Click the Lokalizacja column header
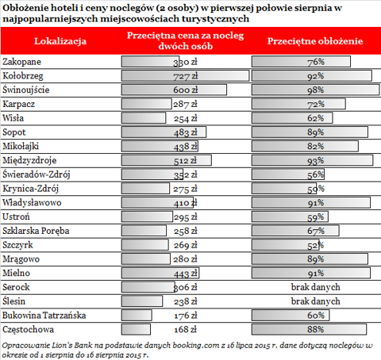tap(60, 41)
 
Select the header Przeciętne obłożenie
tap(315, 41)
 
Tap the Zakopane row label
tap(22, 62)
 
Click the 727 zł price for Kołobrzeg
tap(186, 76)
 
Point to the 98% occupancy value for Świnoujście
tap(315, 90)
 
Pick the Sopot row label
tap(14, 132)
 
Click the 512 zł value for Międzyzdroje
tap(185, 161)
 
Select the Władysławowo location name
tap(32, 203)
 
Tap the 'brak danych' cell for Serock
tap(315, 287)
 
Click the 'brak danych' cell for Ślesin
tap(315, 301)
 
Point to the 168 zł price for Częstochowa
tap(185, 330)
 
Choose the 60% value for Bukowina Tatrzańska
tap(316, 316)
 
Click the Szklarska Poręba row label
tap(36, 231)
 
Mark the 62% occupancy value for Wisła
tap(315, 118)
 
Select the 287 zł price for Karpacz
tap(185, 104)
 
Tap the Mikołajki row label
tap(21, 147)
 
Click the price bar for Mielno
tap(160, 273)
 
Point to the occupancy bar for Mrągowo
tap(310, 259)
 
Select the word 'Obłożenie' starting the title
tap(25, 8)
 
